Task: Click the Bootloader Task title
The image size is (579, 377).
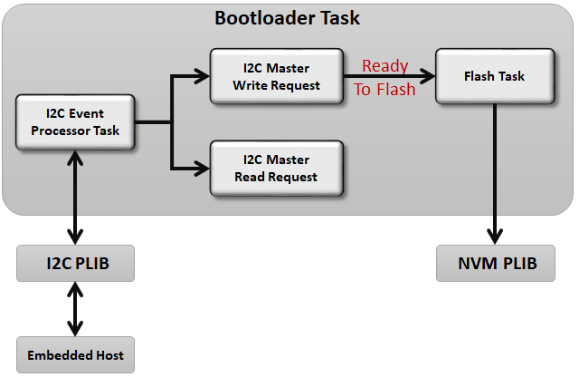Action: click(287, 18)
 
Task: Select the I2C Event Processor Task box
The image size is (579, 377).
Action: click(75, 122)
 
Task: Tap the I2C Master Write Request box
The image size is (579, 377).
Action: click(276, 77)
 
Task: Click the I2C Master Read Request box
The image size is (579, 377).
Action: click(276, 168)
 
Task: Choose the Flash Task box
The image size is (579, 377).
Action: click(495, 77)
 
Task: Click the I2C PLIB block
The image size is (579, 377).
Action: click(75, 264)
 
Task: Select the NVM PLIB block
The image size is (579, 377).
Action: click(495, 264)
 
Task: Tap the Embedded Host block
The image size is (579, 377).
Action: click(75, 354)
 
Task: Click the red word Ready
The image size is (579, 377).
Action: click(384, 66)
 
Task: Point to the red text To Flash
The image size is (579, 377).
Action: click(384, 89)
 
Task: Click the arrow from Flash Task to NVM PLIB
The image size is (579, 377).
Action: click(495, 172)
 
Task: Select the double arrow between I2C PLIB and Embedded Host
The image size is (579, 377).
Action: click(75, 309)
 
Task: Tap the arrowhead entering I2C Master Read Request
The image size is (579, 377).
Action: click(203, 168)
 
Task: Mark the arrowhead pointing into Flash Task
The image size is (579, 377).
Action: click(429, 77)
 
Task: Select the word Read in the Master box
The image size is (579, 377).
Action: click(250, 177)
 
